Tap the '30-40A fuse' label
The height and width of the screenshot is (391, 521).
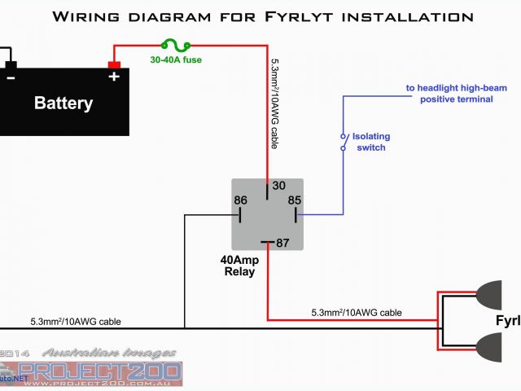176,59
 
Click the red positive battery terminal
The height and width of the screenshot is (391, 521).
114,65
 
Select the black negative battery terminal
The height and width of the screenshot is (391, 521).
10,65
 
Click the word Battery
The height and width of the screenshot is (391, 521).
63,103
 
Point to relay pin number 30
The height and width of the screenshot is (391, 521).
278,186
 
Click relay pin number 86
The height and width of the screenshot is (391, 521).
240,200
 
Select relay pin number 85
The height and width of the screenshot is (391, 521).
294,200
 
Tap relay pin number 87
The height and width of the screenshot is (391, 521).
282,242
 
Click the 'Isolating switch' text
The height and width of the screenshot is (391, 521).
370,142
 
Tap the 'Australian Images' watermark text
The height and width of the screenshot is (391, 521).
109,353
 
